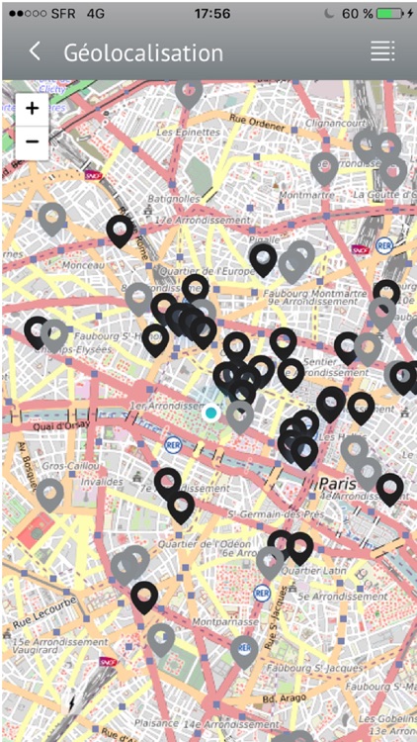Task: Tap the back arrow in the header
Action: point(36,51)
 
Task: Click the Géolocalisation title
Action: point(143,52)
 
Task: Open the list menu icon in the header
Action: point(382,51)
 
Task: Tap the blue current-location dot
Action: point(210,413)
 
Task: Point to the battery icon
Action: point(389,14)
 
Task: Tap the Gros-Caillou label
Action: point(68,464)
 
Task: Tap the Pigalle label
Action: point(263,240)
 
